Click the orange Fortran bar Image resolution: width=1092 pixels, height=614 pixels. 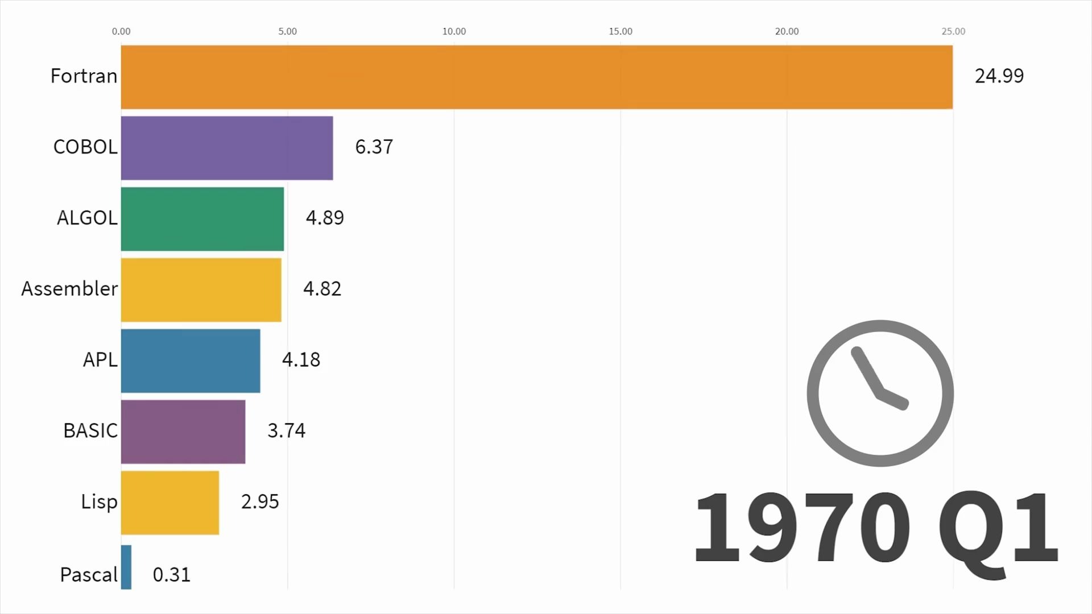pos(536,77)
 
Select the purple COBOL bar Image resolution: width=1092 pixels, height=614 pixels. pos(226,148)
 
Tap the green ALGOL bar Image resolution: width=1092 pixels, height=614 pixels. pos(202,219)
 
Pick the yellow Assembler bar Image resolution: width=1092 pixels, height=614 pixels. pos(201,290)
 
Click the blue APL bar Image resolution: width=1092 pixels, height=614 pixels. pos(190,360)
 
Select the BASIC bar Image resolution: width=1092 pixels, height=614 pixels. pos(183,432)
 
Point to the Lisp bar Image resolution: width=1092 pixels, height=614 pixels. pos(169,503)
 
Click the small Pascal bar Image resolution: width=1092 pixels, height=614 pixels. pos(126,567)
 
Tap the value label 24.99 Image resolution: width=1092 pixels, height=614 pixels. pos(999,76)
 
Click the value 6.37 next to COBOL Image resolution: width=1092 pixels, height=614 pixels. pos(374,147)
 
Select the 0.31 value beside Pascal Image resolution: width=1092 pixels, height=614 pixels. pos(171,575)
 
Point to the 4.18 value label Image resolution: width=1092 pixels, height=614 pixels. pos(301,360)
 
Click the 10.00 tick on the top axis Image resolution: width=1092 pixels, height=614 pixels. pos(454,31)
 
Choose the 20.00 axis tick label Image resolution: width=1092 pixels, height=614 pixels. pos(787,31)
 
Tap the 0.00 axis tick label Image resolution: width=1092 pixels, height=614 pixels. pos(121,31)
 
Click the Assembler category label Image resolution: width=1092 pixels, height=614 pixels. pos(69,289)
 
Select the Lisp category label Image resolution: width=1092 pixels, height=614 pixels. pos(99,502)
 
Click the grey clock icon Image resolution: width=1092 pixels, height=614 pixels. pos(880,393)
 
